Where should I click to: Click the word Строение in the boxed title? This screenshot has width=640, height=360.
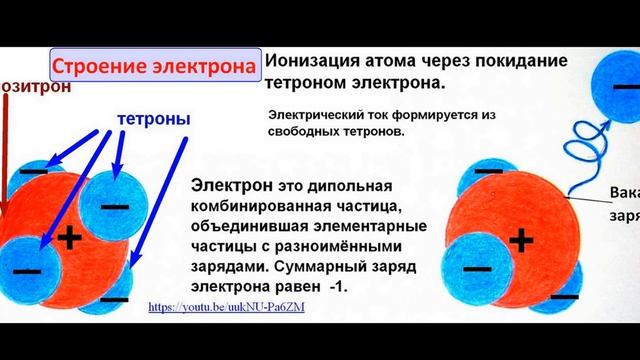95,68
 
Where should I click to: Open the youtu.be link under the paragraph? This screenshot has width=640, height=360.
226,307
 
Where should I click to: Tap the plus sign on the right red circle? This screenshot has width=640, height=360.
521,241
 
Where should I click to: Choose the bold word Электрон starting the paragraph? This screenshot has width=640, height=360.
226,188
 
